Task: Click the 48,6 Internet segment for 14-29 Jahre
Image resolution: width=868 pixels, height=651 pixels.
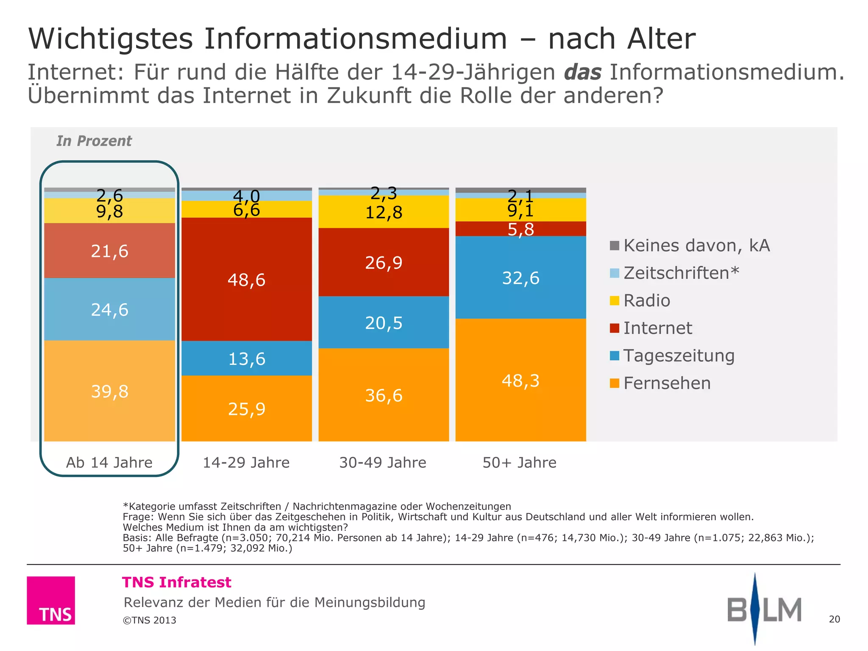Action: pos(247,280)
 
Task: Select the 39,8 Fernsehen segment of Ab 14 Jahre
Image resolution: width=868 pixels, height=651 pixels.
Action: pos(109,391)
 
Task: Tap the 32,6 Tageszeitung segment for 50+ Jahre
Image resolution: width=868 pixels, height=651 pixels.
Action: pos(520,278)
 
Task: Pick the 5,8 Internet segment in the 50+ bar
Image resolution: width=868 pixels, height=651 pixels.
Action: pos(520,229)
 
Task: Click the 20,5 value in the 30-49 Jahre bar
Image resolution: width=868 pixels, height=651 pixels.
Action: pos(384,323)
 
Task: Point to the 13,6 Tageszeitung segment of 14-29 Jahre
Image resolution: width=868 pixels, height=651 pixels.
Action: pos(247,359)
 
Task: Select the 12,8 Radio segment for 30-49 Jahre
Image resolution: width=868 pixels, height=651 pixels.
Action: pos(384,212)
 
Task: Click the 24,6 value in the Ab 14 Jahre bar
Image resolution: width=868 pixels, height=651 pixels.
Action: pos(109,309)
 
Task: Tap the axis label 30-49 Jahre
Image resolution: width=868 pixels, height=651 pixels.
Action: pos(383,462)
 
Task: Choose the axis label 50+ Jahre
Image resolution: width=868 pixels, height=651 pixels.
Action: pos(519,462)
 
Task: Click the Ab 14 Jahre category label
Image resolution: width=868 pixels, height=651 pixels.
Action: pos(109,462)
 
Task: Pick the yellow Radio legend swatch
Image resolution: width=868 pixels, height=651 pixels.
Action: pos(614,300)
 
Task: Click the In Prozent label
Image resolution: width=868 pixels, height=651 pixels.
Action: pos(94,141)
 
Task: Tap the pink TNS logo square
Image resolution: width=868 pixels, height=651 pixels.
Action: pos(51,600)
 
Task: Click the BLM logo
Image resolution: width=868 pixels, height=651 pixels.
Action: pos(764,609)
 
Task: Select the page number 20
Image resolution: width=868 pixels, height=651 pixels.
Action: pos(834,619)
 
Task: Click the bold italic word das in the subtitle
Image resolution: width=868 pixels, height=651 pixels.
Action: pos(582,72)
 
